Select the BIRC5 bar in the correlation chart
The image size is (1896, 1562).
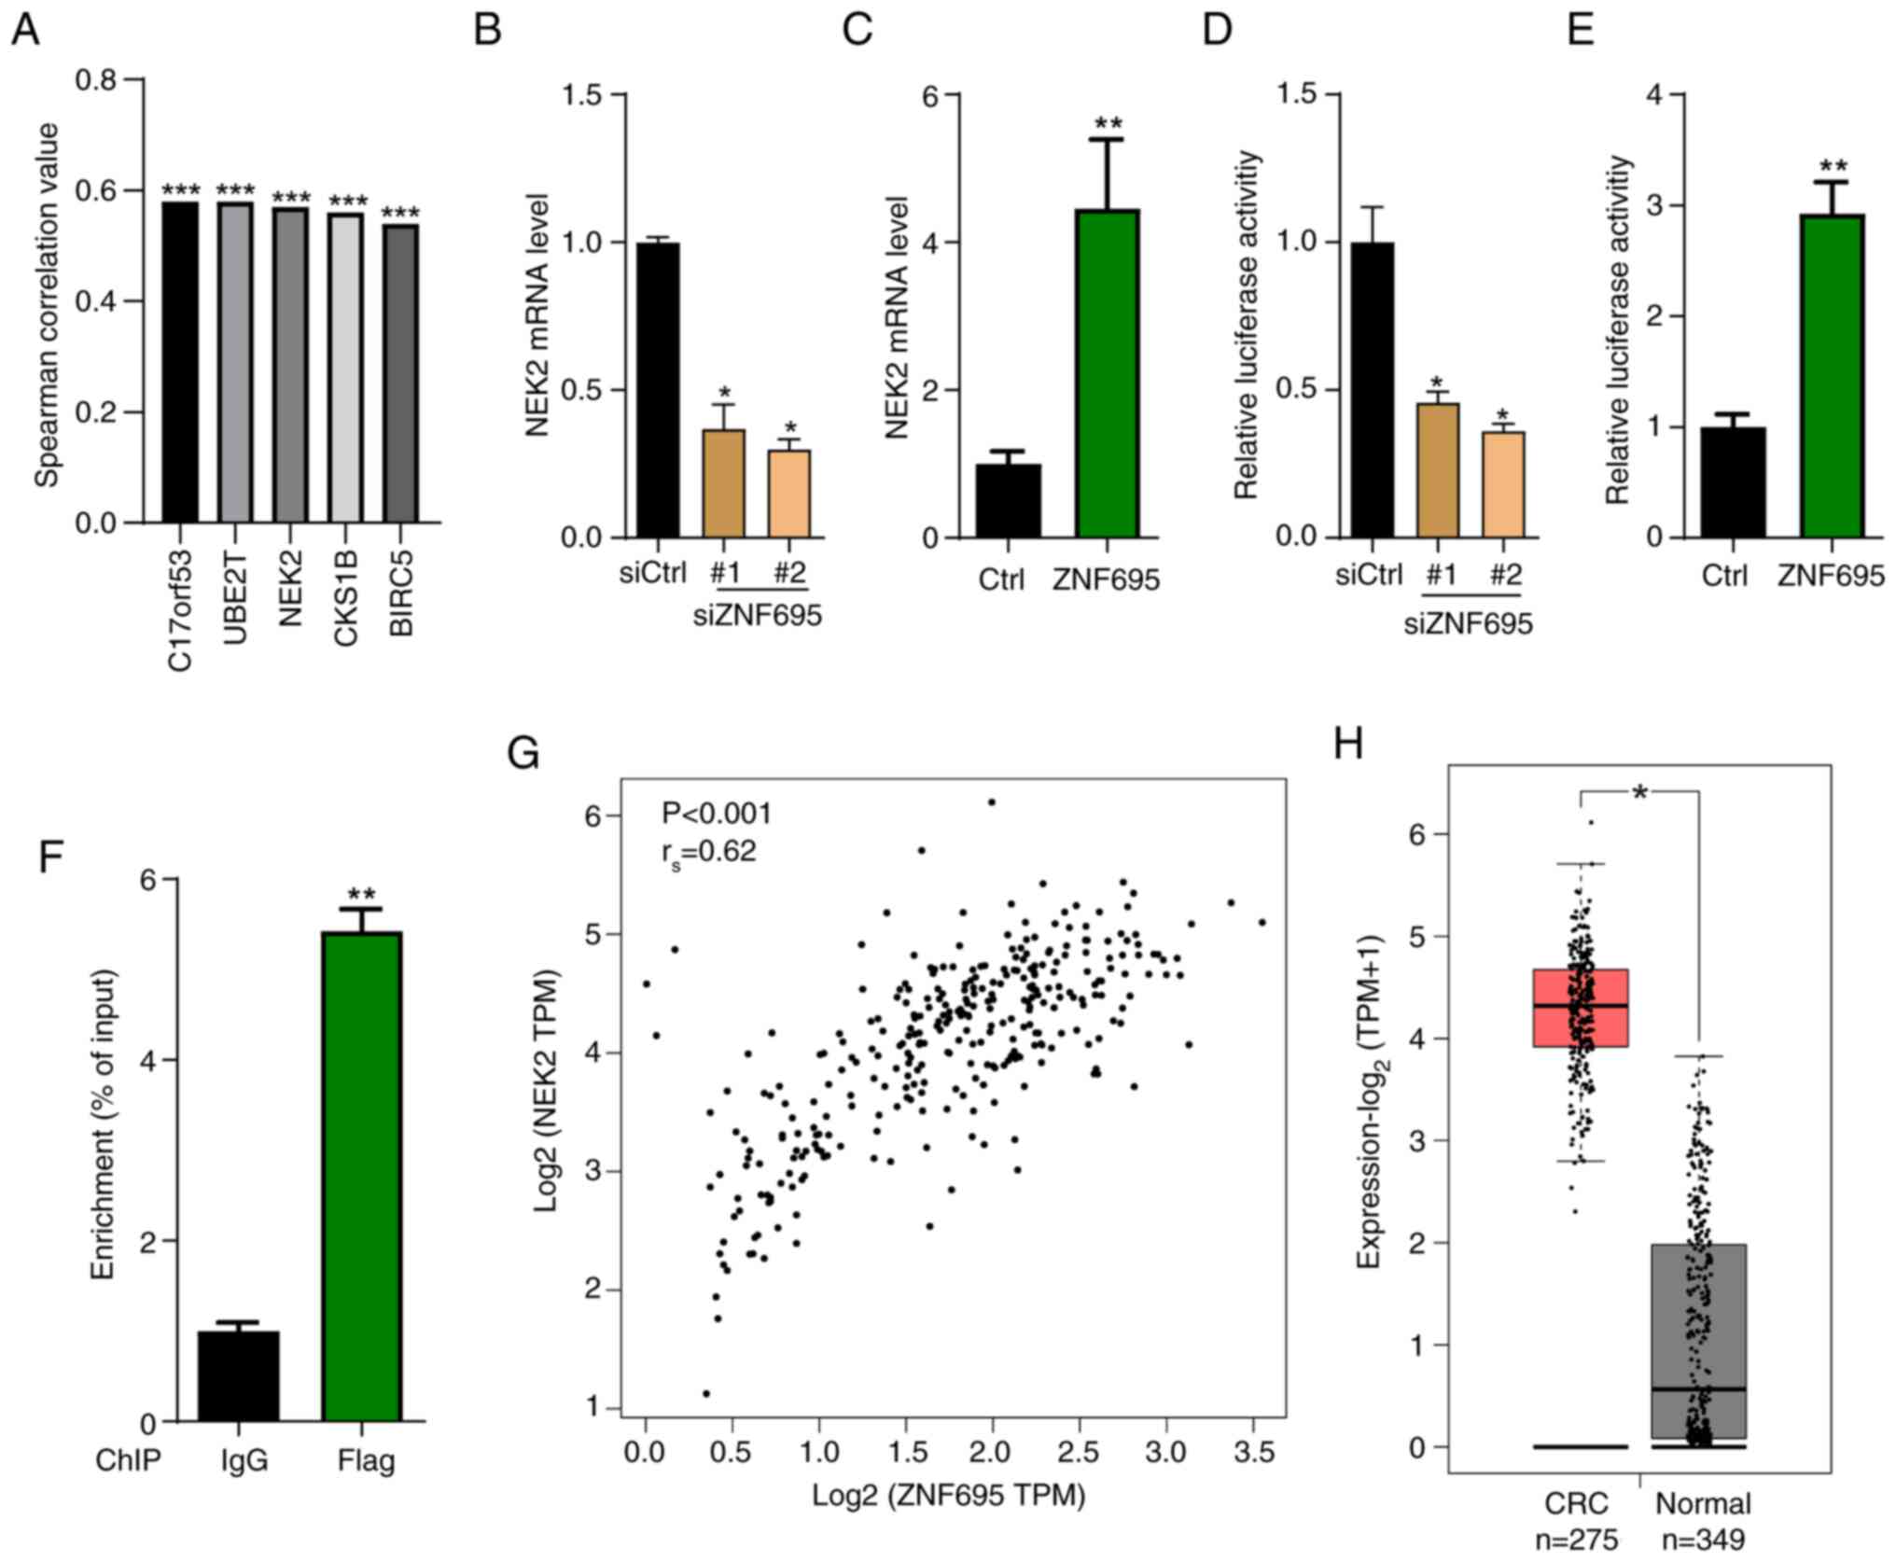click(400, 373)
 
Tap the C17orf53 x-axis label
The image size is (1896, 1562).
click(179, 611)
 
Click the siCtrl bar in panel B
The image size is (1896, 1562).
click(656, 390)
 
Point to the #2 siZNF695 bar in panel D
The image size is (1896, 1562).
click(1502, 484)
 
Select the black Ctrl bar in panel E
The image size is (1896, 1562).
click(1733, 482)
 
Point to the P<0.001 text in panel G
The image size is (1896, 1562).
click(717, 814)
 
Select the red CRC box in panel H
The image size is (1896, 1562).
click(1581, 1008)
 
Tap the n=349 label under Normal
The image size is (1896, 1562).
click(1703, 1540)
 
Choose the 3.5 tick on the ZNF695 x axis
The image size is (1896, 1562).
click(1253, 1452)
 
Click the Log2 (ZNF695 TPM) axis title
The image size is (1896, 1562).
click(948, 1496)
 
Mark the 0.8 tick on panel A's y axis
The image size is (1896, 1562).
click(97, 80)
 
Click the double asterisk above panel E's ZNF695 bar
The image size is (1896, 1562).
click(1833, 167)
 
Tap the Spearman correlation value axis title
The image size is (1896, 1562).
click(47, 304)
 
